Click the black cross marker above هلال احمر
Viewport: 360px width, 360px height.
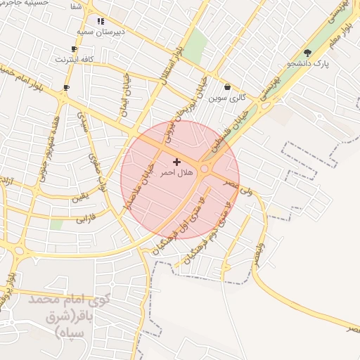click(x=176, y=162)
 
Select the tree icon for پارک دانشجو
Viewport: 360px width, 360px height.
click(x=307, y=53)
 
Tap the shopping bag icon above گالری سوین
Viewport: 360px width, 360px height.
click(x=227, y=87)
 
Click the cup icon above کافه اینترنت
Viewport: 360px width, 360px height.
click(x=75, y=49)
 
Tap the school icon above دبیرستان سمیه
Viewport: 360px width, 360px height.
click(x=101, y=21)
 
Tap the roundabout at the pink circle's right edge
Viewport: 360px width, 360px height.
click(x=205, y=169)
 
